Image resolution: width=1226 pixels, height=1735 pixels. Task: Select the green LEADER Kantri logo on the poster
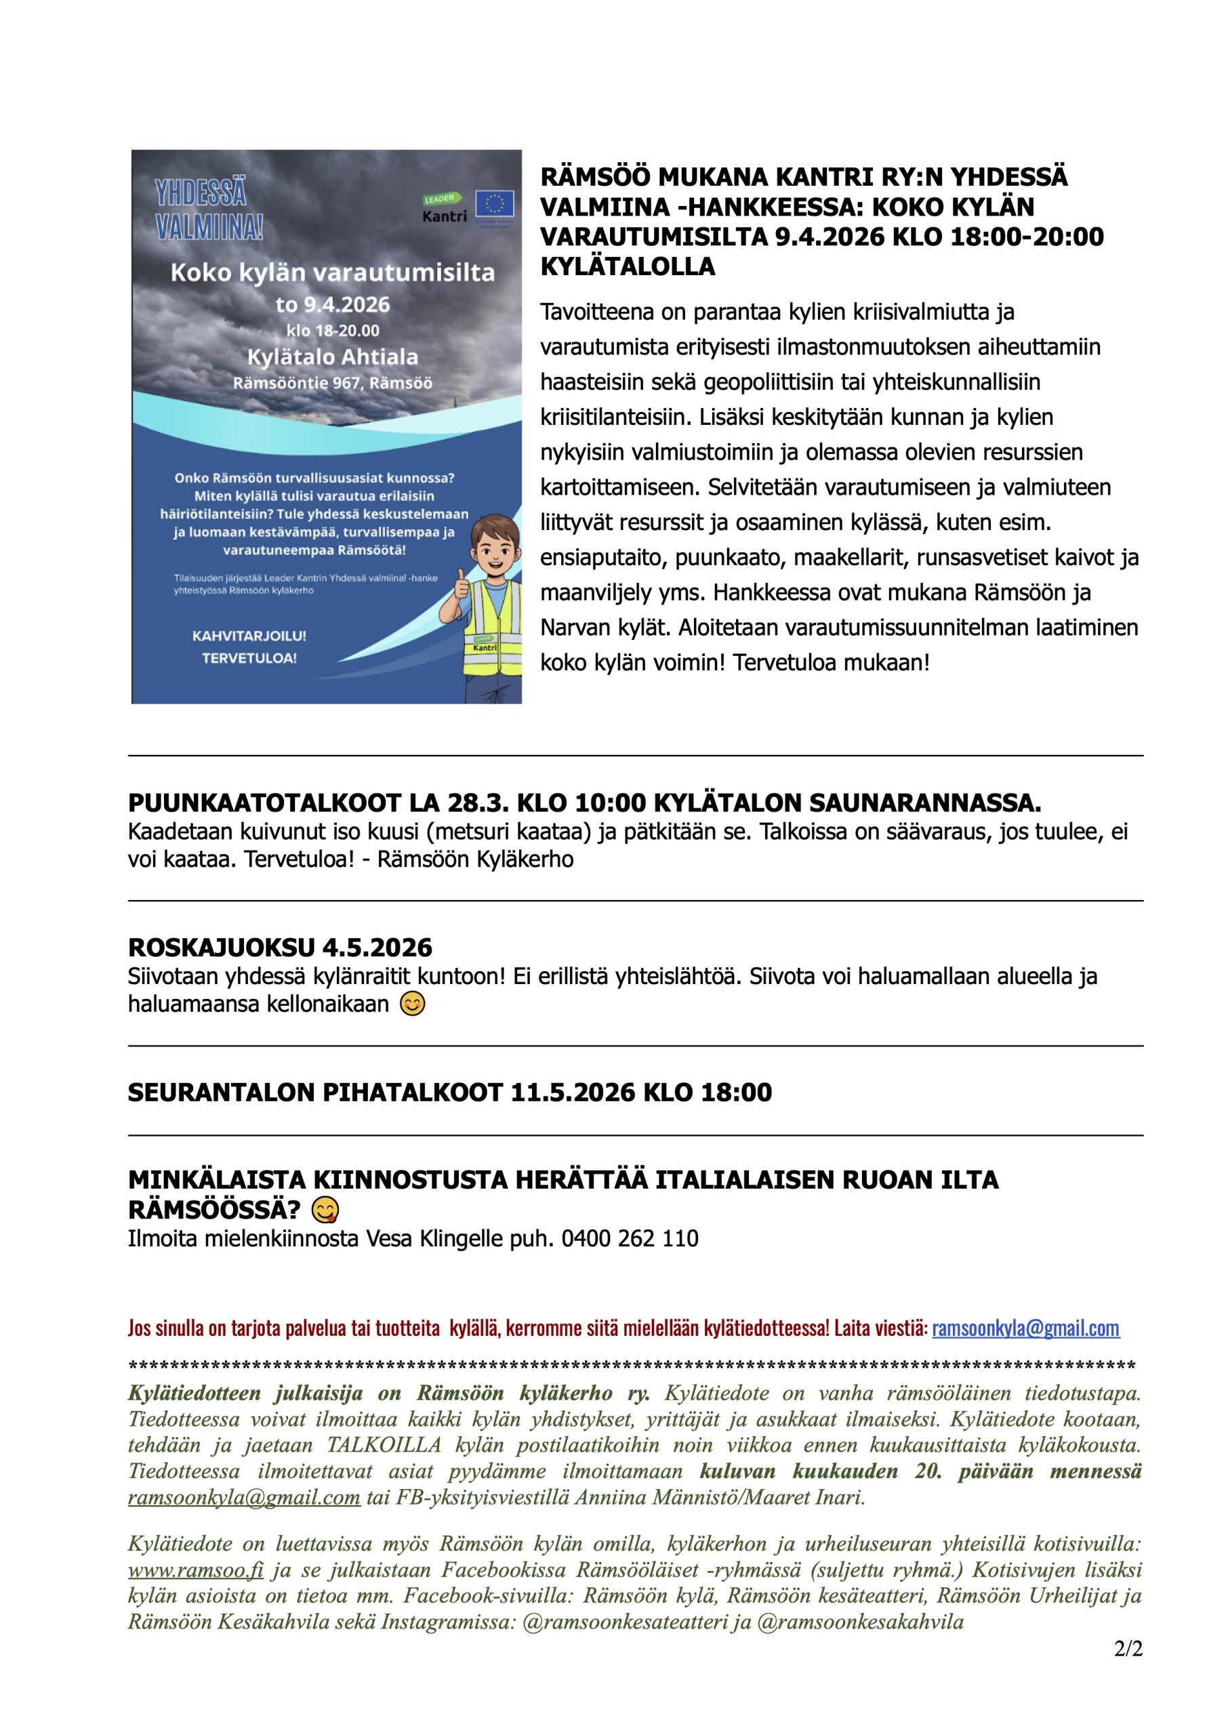pyautogui.click(x=445, y=208)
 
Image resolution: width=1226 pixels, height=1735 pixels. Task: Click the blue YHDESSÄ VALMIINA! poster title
pyautogui.click(x=209, y=210)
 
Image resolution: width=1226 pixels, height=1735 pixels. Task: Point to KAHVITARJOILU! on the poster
pyautogui.click(x=249, y=636)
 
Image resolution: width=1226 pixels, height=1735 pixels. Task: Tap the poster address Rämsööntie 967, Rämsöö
pyautogui.click(x=333, y=382)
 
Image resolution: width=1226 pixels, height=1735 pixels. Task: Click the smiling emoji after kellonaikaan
pyautogui.click(x=412, y=1004)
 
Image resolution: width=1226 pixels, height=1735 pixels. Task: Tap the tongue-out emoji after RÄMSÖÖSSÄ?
pyautogui.click(x=325, y=1210)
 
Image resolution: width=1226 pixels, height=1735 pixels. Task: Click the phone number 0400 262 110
pyautogui.click(x=630, y=1238)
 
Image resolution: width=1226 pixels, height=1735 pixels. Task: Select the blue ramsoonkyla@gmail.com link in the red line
pyautogui.click(x=1025, y=1328)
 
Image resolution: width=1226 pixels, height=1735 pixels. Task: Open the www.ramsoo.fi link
pyautogui.click(x=196, y=1570)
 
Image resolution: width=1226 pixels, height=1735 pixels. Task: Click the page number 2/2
pyautogui.click(x=1128, y=1648)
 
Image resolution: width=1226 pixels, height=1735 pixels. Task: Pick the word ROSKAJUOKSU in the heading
pyautogui.click(x=222, y=947)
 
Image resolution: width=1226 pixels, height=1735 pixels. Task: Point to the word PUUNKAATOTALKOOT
pyautogui.click(x=264, y=802)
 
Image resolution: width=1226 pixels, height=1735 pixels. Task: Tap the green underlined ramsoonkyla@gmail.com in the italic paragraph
pyautogui.click(x=243, y=1497)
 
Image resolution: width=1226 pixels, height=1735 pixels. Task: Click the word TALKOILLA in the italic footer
pyautogui.click(x=384, y=1445)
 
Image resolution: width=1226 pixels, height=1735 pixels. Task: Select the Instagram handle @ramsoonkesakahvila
pyautogui.click(x=860, y=1622)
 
